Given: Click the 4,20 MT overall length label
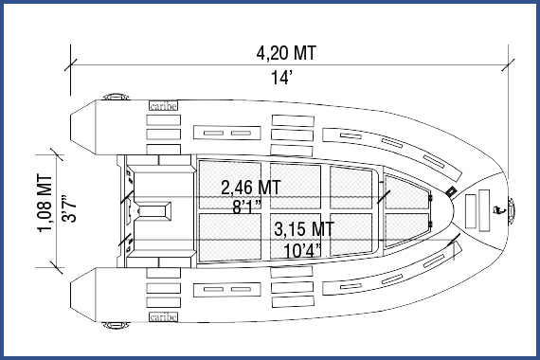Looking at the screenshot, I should [x=286, y=52].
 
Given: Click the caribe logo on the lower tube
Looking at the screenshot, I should [x=163, y=318].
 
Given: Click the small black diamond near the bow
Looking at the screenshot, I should [x=452, y=191].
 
